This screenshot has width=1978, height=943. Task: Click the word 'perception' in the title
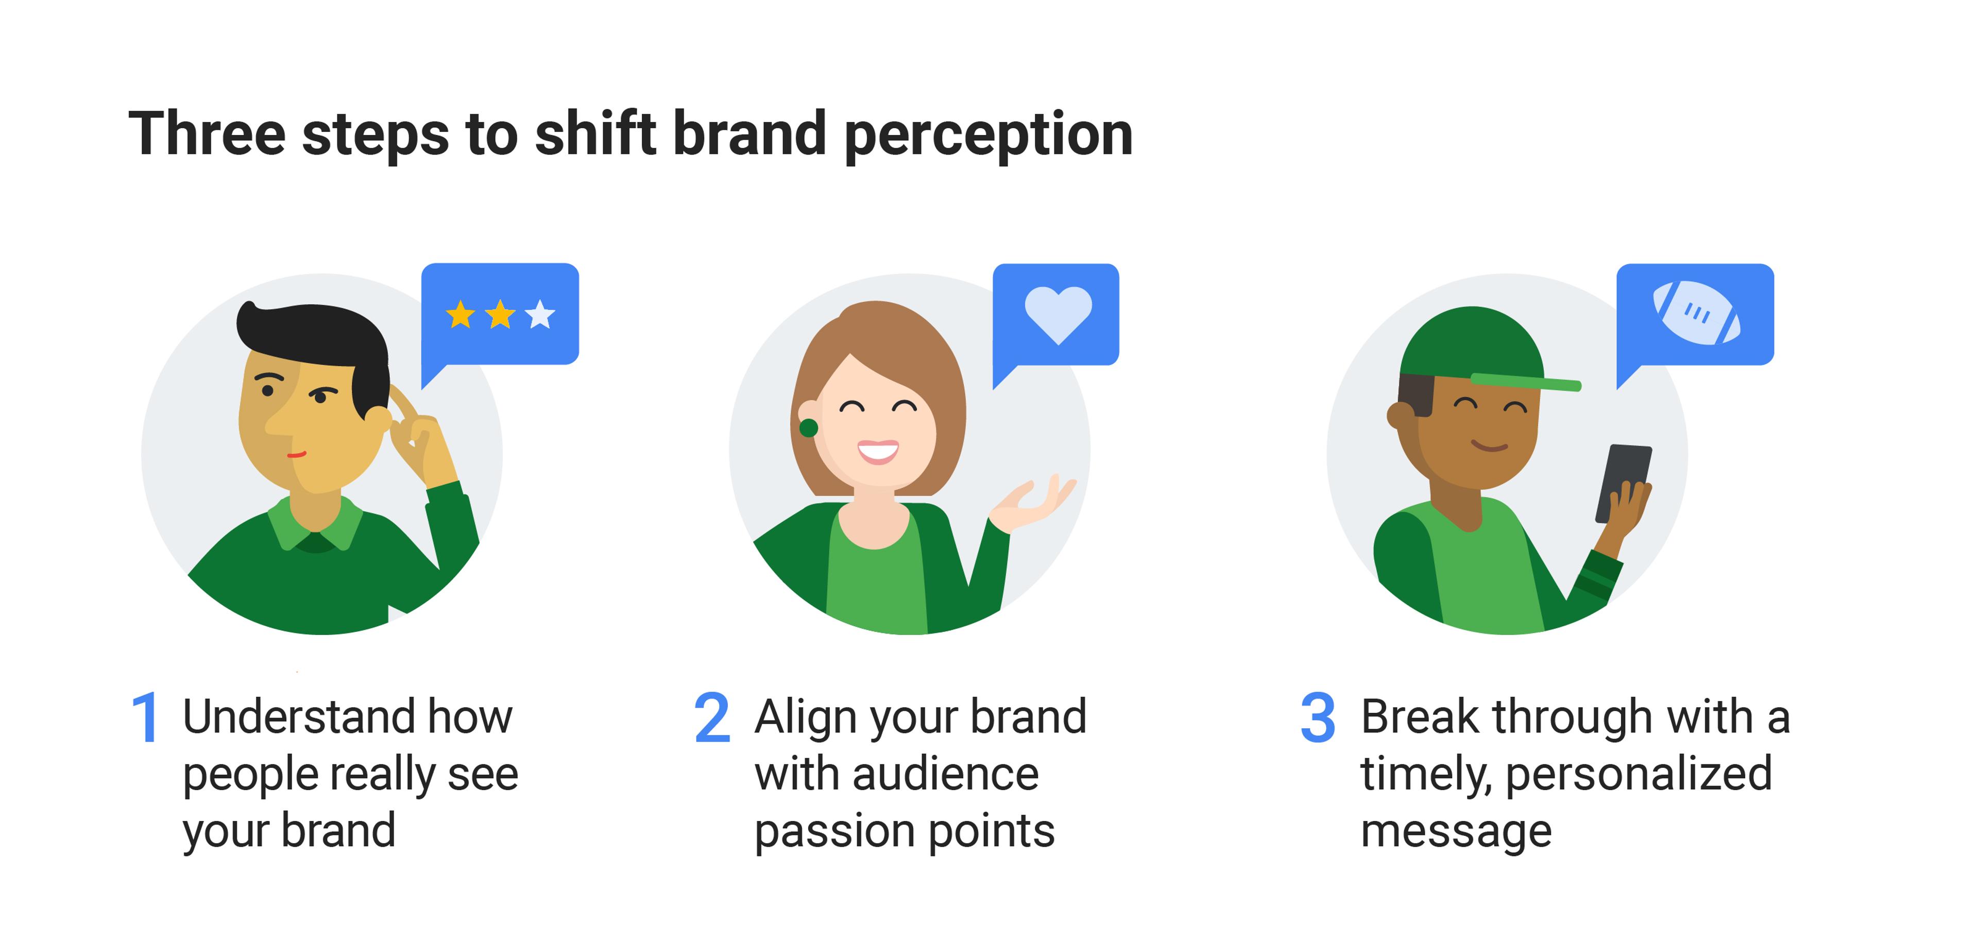(988, 135)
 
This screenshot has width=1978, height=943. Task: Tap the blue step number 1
(145, 717)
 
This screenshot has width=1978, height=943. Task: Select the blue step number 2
(712, 717)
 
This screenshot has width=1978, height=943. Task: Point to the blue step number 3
(1318, 717)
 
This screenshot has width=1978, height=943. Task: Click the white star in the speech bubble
(540, 314)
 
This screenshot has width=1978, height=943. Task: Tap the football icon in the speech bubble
(1696, 313)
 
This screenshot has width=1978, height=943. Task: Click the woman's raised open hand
(1033, 504)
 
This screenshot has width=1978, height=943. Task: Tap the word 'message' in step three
(1456, 832)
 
